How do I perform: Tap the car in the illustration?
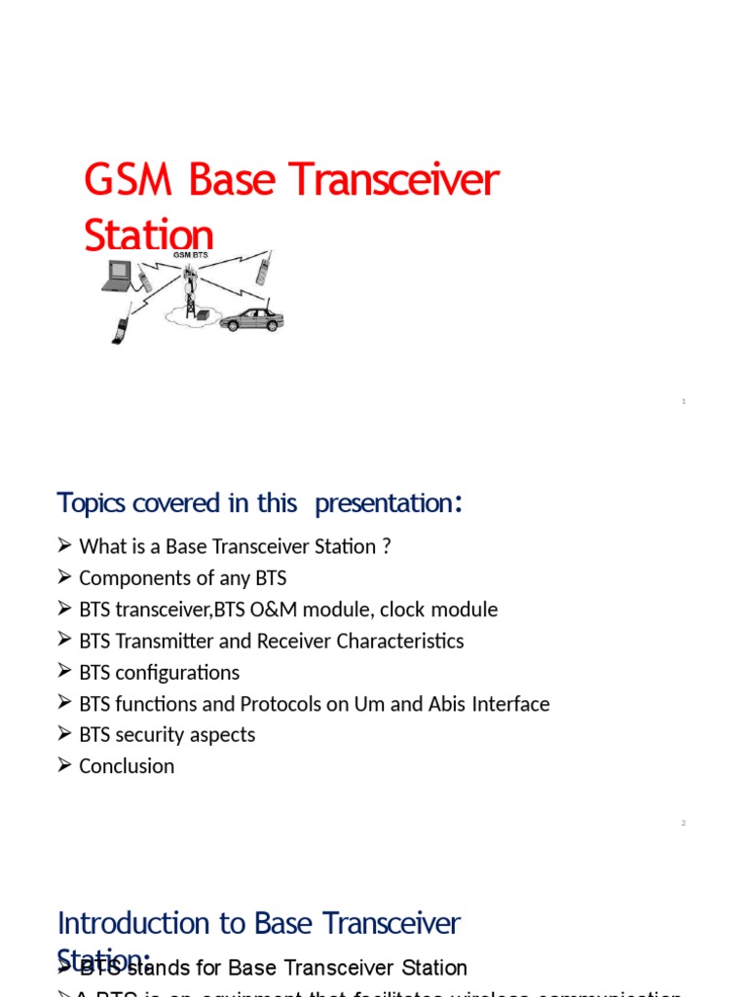click(x=251, y=319)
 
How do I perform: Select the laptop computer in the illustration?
click(x=117, y=276)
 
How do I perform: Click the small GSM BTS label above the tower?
click(x=190, y=255)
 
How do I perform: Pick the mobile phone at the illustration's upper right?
click(x=263, y=267)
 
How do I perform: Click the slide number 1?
click(x=684, y=402)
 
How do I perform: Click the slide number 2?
click(x=684, y=824)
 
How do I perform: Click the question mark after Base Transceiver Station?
click(x=387, y=547)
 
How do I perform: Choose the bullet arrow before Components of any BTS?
click(x=64, y=578)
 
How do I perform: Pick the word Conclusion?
click(x=127, y=766)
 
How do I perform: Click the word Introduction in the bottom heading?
click(x=120, y=923)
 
